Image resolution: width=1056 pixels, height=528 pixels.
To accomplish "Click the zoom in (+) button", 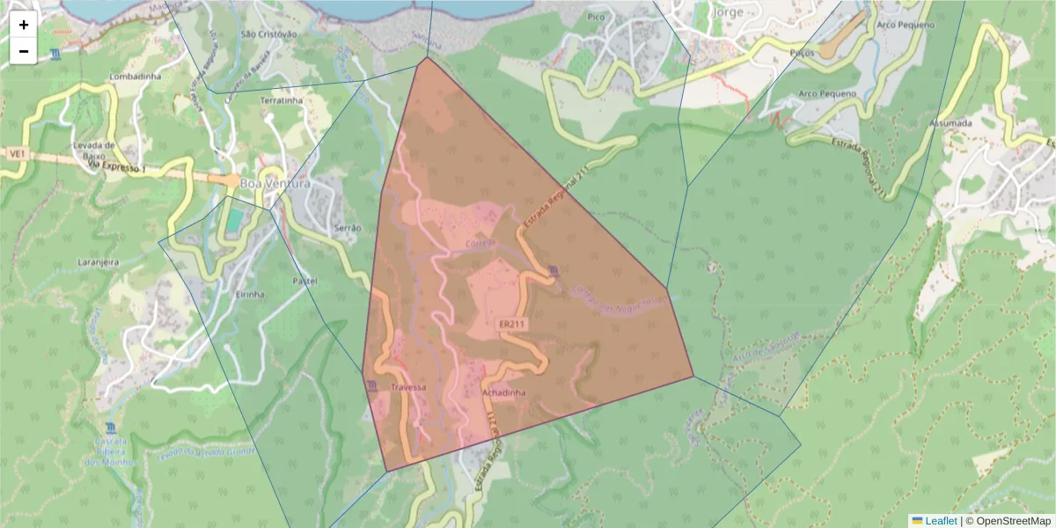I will pyautogui.click(x=24, y=25).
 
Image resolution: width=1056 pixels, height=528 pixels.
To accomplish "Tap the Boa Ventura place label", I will pyautogui.click(x=281, y=185).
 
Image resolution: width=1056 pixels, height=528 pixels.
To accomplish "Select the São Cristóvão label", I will pyautogui.click(x=268, y=34).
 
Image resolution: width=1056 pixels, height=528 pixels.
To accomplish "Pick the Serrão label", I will pyautogui.click(x=348, y=228).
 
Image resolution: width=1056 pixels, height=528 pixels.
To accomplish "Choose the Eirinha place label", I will pyautogui.click(x=250, y=295).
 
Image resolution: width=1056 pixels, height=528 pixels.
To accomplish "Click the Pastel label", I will pyautogui.click(x=304, y=281).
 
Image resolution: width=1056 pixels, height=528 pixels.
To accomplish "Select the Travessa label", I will pyautogui.click(x=408, y=387).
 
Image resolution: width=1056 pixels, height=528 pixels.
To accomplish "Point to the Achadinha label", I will pyautogui.click(x=504, y=393).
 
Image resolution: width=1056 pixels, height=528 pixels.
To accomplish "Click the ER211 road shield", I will pyautogui.click(x=512, y=325).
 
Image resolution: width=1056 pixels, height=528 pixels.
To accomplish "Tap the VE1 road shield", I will pyautogui.click(x=16, y=153).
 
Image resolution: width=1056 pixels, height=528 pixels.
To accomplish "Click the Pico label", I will pyautogui.click(x=597, y=17).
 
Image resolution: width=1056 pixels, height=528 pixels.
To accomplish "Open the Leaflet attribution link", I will pyautogui.click(x=940, y=521).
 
